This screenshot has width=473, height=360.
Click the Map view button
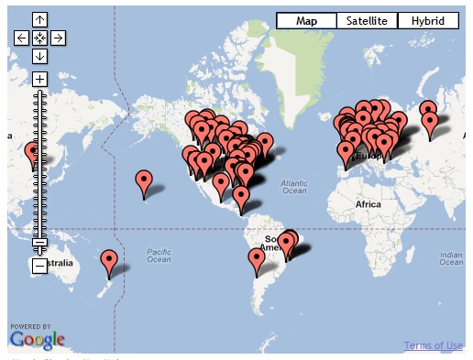(x=305, y=20)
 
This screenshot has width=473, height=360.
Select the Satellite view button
(x=367, y=20)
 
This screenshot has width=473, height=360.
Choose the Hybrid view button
(x=427, y=20)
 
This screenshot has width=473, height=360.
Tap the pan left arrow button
(x=21, y=38)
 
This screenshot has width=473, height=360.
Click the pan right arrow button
(x=57, y=38)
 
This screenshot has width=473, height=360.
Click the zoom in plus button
(x=39, y=79)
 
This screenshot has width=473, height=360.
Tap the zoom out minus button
(x=39, y=266)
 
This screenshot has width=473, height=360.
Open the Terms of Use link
(x=433, y=345)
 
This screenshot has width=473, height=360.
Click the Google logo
(x=38, y=340)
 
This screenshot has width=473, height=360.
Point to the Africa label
(x=368, y=203)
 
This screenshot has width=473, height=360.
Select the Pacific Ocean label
(x=158, y=255)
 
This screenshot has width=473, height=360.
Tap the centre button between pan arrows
(x=39, y=38)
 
